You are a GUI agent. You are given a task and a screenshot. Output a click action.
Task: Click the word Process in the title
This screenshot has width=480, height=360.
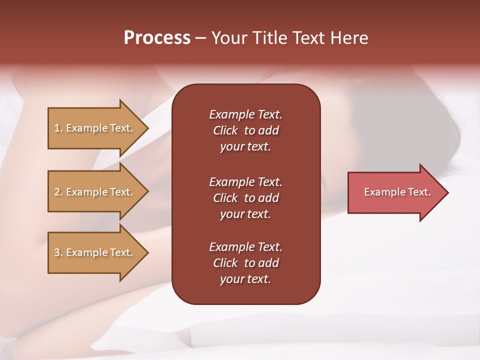coord(157,37)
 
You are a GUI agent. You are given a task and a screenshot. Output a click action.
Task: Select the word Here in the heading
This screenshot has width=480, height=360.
coord(349,37)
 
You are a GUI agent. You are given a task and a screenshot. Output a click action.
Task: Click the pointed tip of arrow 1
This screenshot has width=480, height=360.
coord(147,128)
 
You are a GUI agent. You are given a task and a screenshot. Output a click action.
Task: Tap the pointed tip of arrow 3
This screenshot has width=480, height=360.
coord(147,252)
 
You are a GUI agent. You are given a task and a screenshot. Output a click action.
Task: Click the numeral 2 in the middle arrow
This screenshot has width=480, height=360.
coord(57,192)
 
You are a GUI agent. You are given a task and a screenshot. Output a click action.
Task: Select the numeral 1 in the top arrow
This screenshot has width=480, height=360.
coord(57,128)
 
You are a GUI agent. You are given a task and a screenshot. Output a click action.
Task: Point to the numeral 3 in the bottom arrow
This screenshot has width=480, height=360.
coord(57,252)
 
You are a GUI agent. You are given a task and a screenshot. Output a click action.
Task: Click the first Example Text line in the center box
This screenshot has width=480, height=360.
coord(245,114)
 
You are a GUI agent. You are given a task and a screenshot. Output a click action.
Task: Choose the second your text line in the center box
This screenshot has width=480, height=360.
coord(245,214)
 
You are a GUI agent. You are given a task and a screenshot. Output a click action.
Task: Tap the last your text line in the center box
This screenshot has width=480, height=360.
coord(245,279)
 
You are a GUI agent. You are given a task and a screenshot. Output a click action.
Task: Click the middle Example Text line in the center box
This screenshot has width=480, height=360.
coord(245,181)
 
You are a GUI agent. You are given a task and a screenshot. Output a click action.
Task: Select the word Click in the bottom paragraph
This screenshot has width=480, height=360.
coord(225,263)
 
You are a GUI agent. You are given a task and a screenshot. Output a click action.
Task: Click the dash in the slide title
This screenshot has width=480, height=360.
coord(201,38)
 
